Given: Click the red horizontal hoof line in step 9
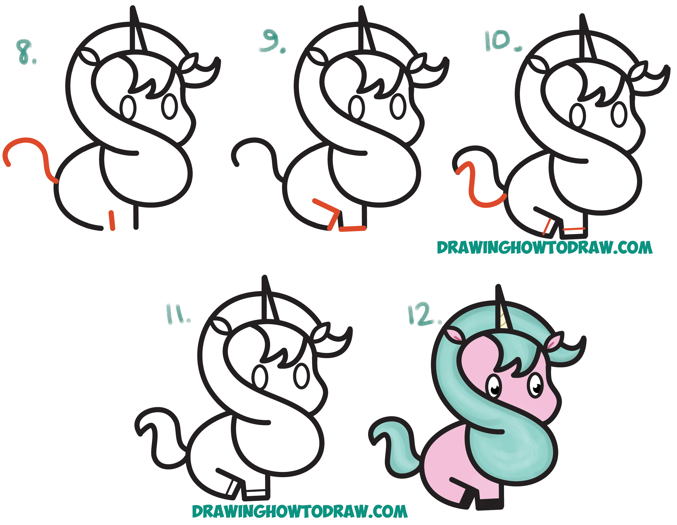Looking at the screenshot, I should tap(353, 229).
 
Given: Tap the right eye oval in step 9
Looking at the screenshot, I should tap(398, 107).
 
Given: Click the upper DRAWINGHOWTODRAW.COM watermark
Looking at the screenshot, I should tap(545, 248).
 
